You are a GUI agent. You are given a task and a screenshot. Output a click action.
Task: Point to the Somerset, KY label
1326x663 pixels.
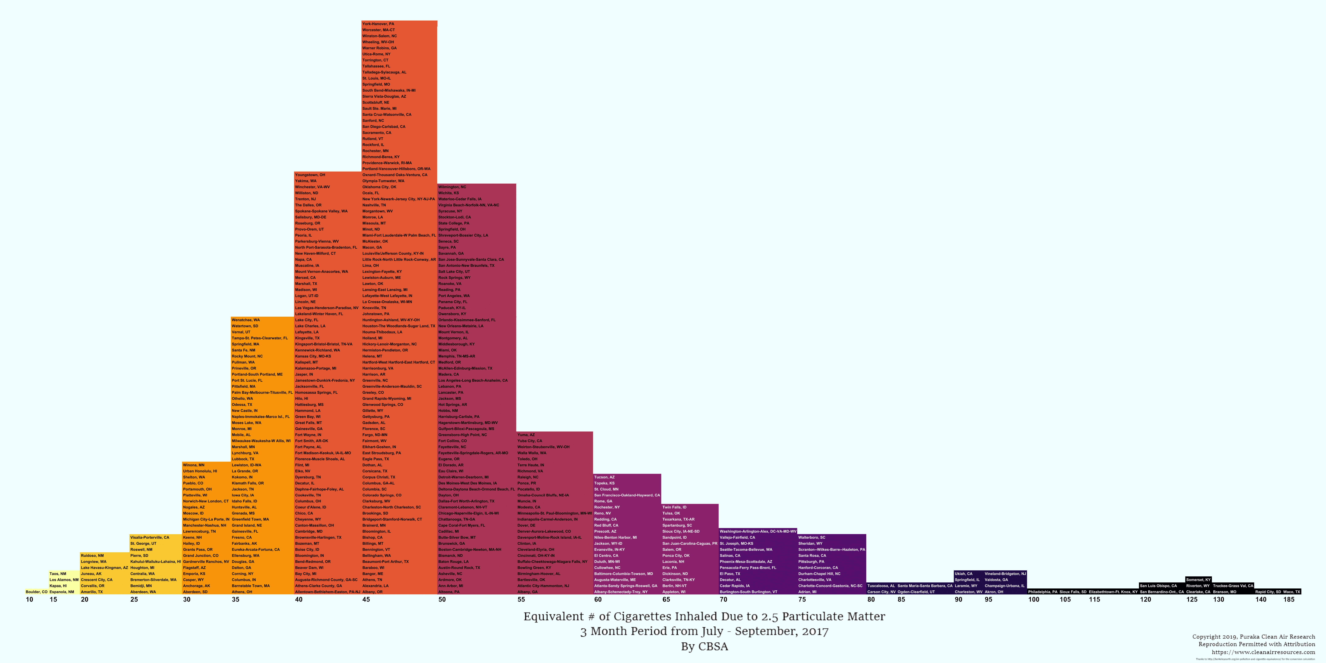(1198, 579)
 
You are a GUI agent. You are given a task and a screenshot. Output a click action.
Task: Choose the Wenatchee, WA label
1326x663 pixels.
(246, 320)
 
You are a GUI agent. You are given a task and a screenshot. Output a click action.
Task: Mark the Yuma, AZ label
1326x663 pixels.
(526, 435)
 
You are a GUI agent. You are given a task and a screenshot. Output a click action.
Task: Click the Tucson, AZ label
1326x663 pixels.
(604, 477)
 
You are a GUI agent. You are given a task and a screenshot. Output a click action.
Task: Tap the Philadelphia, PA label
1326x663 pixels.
(1042, 592)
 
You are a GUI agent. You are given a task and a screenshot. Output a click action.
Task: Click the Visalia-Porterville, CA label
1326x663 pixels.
(149, 537)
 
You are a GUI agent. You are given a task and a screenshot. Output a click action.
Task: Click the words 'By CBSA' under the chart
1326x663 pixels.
(704, 646)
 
